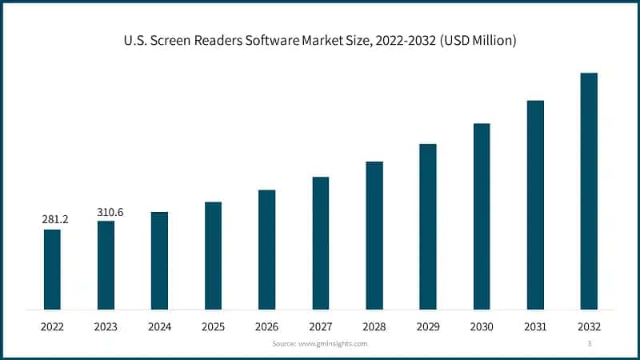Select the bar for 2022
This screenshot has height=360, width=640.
pyautogui.click(x=52, y=269)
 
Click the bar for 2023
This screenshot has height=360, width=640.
pyautogui.click(x=106, y=265)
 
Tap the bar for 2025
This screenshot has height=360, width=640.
pyautogui.click(x=213, y=255)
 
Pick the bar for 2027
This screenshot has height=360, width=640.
pyautogui.click(x=320, y=242)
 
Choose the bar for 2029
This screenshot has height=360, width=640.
pyautogui.click(x=428, y=226)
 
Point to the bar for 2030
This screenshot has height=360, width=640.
pyautogui.click(x=482, y=216)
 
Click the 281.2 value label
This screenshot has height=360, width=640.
pyautogui.click(x=55, y=219)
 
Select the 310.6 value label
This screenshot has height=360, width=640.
pyautogui.click(x=110, y=212)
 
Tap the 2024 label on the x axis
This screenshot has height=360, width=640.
pyautogui.click(x=159, y=326)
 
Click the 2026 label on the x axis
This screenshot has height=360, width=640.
pyautogui.click(x=266, y=326)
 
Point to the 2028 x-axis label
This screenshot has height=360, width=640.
pyautogui.click(x=374, y=326)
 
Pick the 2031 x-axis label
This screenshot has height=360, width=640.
pyautogui.click(x=535, y=326)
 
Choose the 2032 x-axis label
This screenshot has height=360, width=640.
pyautogui.click(x=589, y=326)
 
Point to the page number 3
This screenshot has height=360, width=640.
pyautogui.click(x=589, y=343)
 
